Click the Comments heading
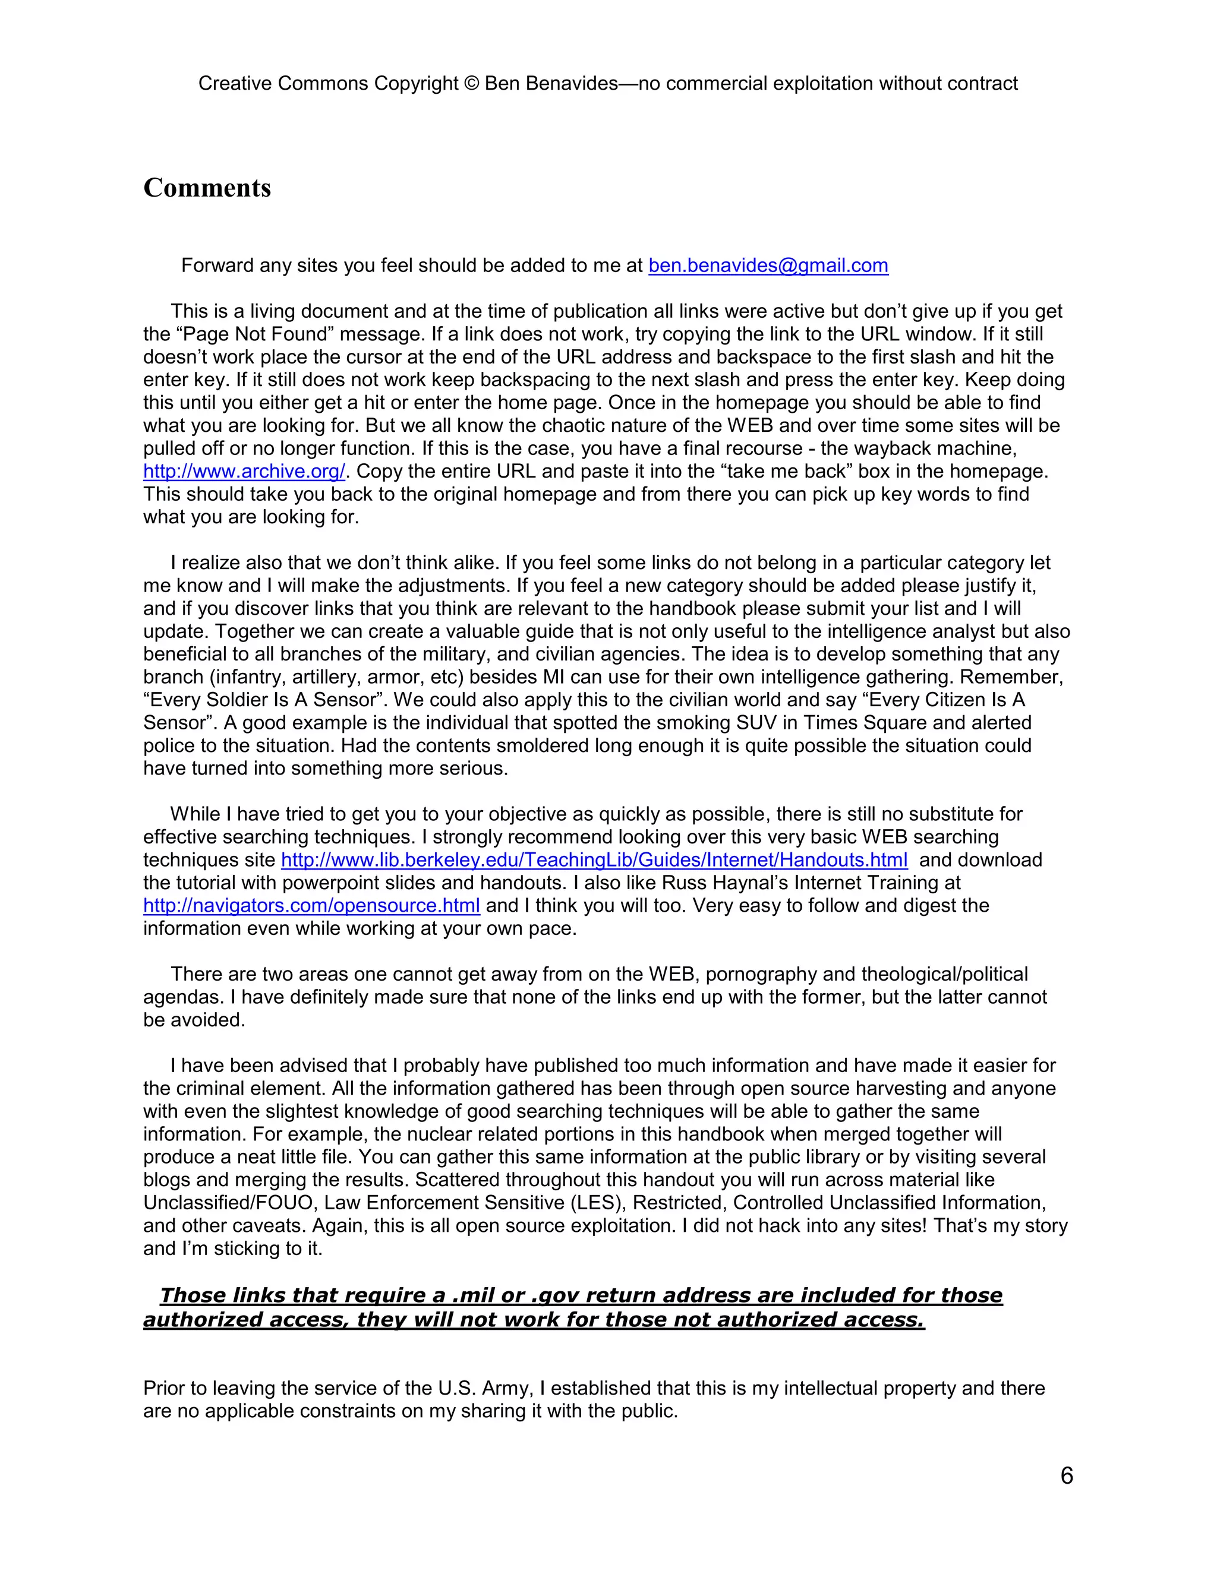207,188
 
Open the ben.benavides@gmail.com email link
768,266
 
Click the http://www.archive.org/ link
244,472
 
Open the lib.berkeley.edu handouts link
594,861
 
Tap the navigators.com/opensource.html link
311,906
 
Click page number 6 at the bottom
1066,1476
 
